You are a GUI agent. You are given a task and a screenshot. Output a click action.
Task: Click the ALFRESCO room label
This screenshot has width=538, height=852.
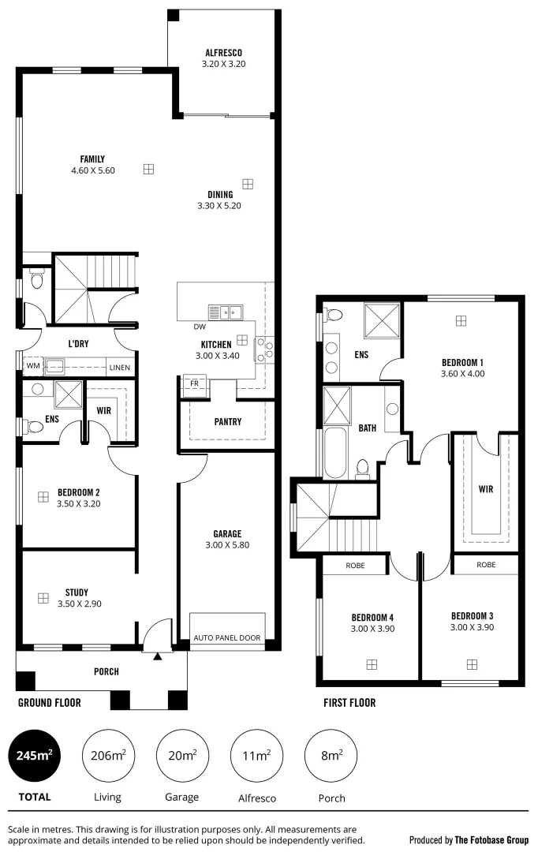pyautogui.click(x=224, y=54)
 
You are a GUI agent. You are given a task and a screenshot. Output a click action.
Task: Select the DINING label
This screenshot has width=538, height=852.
pyautogui.click(x=219, y=195)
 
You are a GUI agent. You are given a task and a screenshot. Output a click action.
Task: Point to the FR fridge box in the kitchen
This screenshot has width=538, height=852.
pyautogui.click(x=193, y=384)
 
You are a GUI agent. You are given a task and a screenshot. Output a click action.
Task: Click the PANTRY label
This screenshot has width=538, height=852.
pyautogui.click(x=227, y=422)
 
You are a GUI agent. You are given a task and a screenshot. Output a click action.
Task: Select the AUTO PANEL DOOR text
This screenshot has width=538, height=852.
pyautogui.click(x=227, y=637)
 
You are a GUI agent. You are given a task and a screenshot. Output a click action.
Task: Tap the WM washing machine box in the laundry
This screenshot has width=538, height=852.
pyautogui.click(x=32, y=366)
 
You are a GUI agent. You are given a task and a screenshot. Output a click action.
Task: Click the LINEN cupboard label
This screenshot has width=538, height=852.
pyautogui.click(x=120, y=366)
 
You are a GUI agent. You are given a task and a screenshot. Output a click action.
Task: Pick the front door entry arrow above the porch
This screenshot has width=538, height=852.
pyautogui.click(x=157, y=655)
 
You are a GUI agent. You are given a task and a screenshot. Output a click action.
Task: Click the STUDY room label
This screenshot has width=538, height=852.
pyautogui.click(x=77, y=592)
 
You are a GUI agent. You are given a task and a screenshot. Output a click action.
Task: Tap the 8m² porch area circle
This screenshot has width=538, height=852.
pyautogui.click(x=331, y=755)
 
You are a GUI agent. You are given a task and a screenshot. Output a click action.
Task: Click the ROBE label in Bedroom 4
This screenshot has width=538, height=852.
pyautogui.click(x=354, y=565)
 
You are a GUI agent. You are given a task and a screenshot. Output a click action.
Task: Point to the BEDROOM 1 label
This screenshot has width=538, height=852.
pyautogui.click(x=462, y=363)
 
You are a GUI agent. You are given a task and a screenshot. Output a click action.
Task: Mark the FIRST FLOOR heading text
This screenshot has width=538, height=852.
pyautogui.click(x=349, y=702)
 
